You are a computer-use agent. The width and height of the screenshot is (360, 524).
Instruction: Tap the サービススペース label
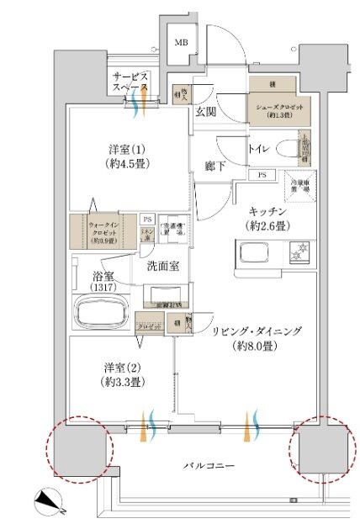132,82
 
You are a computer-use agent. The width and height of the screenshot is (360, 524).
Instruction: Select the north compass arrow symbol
50,503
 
